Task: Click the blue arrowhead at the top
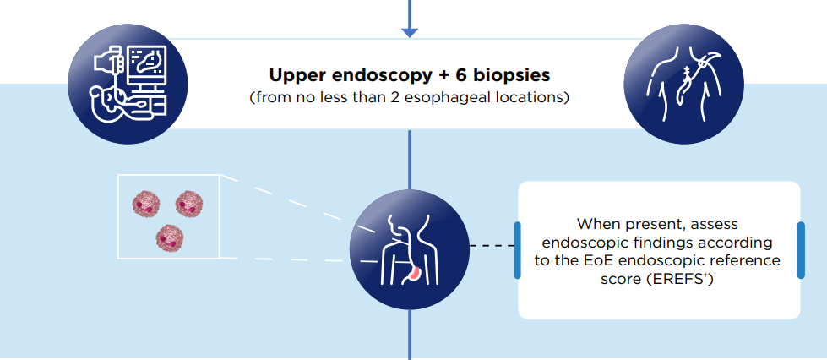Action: tap(410, 31)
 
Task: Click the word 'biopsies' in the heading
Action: tap(505, 76)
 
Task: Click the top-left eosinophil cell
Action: tap(145, 203)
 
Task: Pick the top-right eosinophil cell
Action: tap(188, 203)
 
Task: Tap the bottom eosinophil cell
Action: tap(169, 237)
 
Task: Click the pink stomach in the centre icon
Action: tap(416, 275)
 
